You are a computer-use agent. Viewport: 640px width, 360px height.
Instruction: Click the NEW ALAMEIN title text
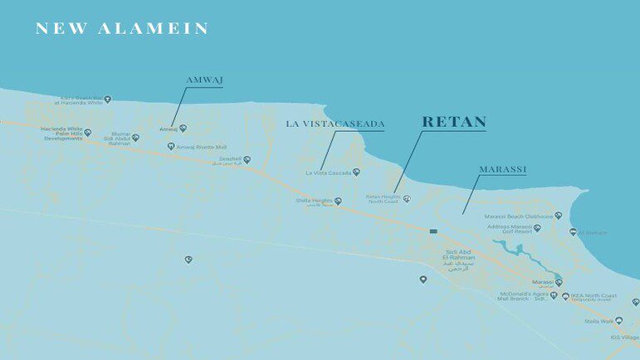pyautogui.click(x=121, y=29)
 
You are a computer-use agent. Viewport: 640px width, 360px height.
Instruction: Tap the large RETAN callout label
pyautogui.click(x=454, y=122)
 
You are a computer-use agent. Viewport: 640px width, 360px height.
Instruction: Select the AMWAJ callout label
pyautogui.click(x=204, y=80)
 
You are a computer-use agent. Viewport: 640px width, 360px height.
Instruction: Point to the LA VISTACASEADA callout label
pyautogui.click(x=335, y=124)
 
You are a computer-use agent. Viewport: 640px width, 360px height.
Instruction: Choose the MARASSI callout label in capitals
pyautogui.click(x=503, y=169)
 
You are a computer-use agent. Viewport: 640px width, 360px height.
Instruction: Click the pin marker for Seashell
pyautogui.click(x=247, y=159)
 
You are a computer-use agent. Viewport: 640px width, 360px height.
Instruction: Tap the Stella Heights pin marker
pyautogui.click(x=338, y=201)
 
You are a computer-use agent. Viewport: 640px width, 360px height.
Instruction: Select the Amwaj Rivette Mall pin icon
pyautogui.click(x=171, y=146)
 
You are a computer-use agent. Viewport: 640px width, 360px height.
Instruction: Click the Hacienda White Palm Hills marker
pyautogui.click(x=87, y=133)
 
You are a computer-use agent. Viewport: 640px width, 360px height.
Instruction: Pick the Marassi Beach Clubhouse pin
pyautogui.click(x=558, y=216)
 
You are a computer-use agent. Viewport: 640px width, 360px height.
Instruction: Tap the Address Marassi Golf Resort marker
pyautogui.click(x=537, y=228)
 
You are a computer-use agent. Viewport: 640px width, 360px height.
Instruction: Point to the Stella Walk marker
pyautogui.click(x=618, y=321)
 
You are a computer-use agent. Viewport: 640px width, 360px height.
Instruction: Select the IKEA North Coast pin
pyautogui.click(x=565, y=296)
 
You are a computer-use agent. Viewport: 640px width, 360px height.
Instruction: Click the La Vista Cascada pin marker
pyautogui.click(x=356, y=173)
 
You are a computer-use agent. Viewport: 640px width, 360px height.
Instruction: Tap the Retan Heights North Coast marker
pyautogui.click(x=407, y=199)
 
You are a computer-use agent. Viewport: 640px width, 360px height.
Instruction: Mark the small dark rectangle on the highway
pyautogui.click(x=433, y=231)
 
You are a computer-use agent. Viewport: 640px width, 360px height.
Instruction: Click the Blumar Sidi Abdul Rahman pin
pyautogui.click(x=135, y=138)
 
